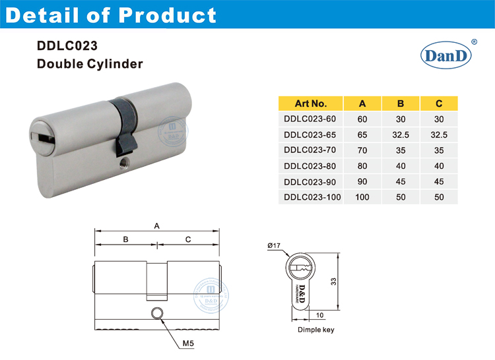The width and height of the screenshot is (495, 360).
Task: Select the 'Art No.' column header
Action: click(310, 103)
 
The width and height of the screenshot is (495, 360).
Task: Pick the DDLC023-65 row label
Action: click(310, 135)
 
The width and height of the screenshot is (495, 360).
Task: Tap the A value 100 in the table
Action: click(362, 196)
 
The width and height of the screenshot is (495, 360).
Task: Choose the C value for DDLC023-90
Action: click(439, 181)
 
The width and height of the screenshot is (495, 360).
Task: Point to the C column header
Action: click(439, 103)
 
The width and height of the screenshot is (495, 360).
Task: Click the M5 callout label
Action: click(188, 344)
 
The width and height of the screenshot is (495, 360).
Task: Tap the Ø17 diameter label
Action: click(275, 246)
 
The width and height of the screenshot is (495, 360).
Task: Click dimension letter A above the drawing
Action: click(157, 225)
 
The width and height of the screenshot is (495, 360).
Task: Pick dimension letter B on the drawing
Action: click(125, 239)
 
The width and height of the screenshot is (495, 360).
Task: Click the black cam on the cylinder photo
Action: click(122, 125)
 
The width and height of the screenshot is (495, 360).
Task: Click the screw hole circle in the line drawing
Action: click(157, 314)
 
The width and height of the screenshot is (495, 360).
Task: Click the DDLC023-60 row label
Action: click(310, 119)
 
